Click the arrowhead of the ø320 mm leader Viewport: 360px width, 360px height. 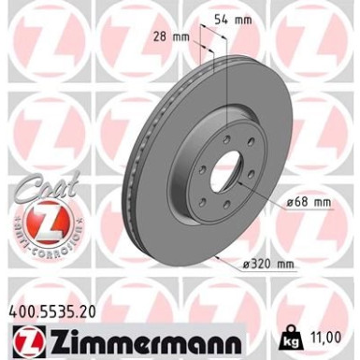coord(218,255)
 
